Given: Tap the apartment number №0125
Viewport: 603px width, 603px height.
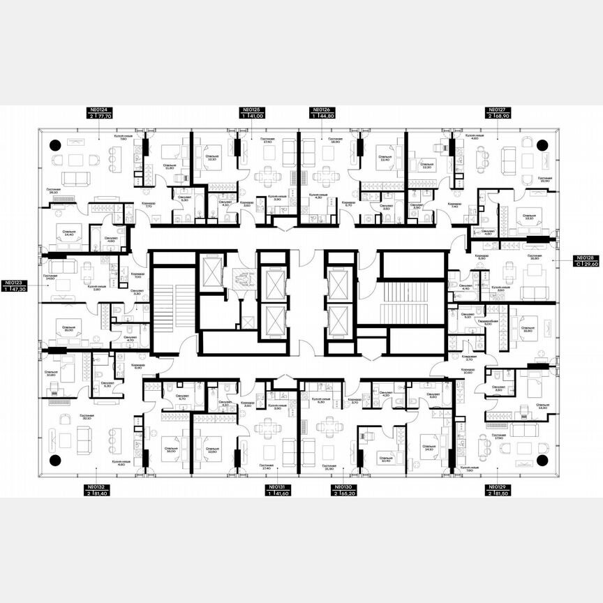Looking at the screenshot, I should [x=252, y=110].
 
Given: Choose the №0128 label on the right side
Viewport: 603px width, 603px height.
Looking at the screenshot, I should [x=586, y=258].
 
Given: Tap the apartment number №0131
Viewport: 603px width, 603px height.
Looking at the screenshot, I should [x=278, y=486].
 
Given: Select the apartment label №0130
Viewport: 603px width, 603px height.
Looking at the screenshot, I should [x=343, y=486].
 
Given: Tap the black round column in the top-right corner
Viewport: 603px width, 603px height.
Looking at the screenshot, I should [x=543, y=145].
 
